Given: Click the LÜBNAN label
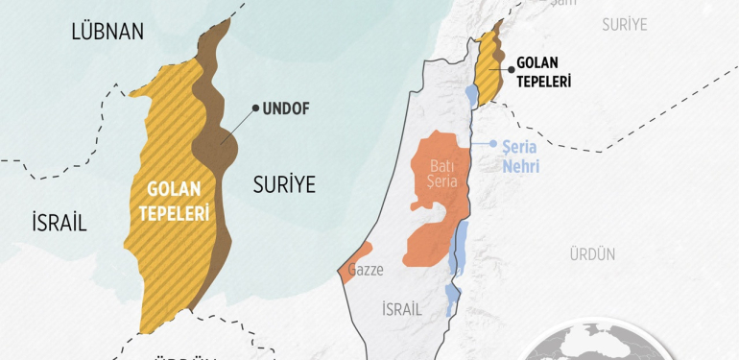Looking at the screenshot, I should tap(107, 32).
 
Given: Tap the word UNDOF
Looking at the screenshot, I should tap(287, 108).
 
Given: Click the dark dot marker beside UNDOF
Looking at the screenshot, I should tap(255, 108).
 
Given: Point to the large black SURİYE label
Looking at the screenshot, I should tap(284, 185).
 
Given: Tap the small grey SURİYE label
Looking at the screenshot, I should tap(625, 24).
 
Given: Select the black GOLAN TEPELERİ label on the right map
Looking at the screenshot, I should tap(544, 72).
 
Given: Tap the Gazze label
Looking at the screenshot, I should tap(367, 271).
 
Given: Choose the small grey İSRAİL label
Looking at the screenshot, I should tap(402, 309).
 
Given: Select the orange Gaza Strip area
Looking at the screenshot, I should tap(346, 271).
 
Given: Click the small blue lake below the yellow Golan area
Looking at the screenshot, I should tap(470, 95).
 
